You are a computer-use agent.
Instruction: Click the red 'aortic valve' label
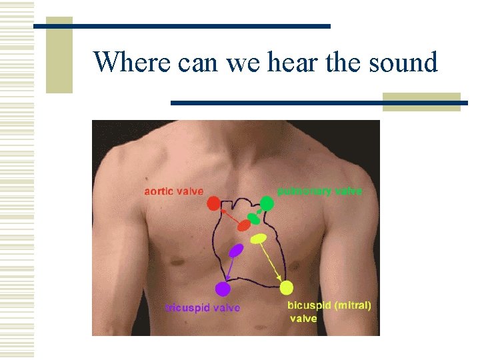pos(174,191)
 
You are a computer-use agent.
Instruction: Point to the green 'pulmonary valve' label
pos(320,191)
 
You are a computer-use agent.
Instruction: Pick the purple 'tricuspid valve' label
pos(203,308)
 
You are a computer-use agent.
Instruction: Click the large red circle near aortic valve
pos(213,203)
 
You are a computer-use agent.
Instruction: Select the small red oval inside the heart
pos(244,225)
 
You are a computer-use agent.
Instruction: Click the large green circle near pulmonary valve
pos(267,203)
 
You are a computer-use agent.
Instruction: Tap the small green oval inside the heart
pos(253,218)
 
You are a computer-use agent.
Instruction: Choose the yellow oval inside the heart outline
pos(258,238)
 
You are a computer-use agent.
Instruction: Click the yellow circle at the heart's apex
pos(286,288)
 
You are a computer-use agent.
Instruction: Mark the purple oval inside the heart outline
pos(236,251)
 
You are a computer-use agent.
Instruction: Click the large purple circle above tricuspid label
pos(223,289)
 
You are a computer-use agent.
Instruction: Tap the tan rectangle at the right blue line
pos(421,101)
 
